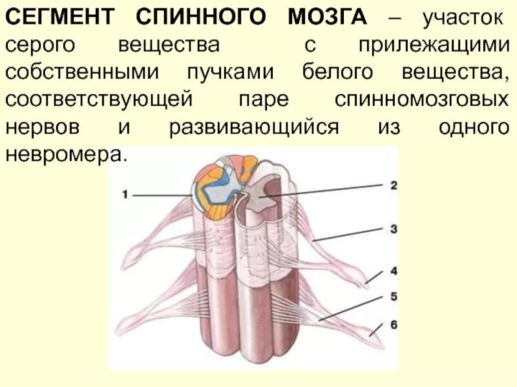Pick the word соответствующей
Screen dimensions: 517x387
click(x=100, y=99)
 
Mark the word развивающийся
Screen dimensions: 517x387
click(x=254, y=126)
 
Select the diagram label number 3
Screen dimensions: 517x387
click(x=393, y=228)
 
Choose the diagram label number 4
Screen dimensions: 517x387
click(x=393, y=271)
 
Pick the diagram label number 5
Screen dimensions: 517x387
click(x=393, y=297)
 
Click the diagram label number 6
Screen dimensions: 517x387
click(x=393, y=324)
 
